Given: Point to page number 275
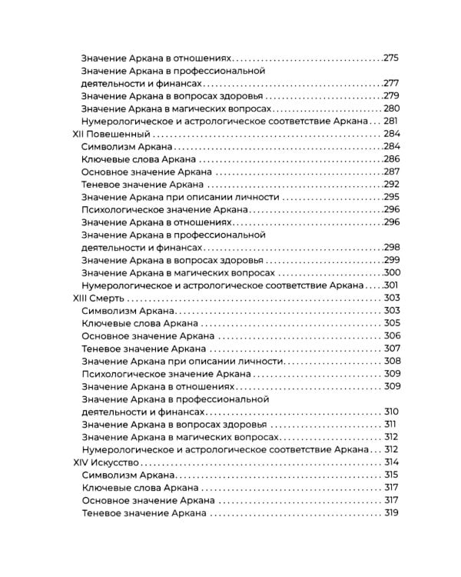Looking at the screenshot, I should coord(392,58).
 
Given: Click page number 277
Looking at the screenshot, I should coord(392,83).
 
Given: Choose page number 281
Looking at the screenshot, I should coord(392,121).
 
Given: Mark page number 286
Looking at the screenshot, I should coord(392,158).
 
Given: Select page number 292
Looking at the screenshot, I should coord(392,184).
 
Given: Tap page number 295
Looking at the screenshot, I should coord(392,197).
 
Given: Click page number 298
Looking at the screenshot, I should coord(392,247).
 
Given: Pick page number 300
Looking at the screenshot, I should coord(392,272).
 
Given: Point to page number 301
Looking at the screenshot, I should coord(392,285).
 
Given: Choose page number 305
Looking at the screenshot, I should coord(392,323).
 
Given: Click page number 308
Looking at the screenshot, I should coord(392,361).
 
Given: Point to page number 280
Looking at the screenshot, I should coord(392,108).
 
